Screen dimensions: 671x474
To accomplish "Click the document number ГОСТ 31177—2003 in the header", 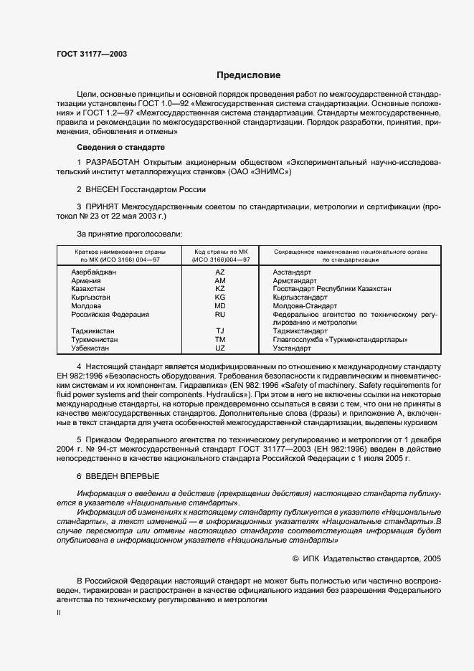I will pos(91,54).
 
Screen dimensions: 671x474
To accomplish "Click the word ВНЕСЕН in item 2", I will pos(105,190).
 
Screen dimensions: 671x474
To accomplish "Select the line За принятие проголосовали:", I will pos(129,234).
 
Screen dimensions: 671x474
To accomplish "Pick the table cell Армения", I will pos(85,281).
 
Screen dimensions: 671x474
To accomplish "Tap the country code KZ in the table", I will pos(220,289).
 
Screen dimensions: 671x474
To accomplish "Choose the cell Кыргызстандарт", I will pos(300,297).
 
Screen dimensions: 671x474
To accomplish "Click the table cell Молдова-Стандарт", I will pos(300,305).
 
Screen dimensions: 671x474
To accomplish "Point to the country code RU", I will pos(220,314).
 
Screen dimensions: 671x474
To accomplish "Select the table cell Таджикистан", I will pos(93,331).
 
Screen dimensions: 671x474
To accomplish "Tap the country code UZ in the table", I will pos(220,348).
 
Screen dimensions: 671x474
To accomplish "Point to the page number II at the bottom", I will pos(59,613).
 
